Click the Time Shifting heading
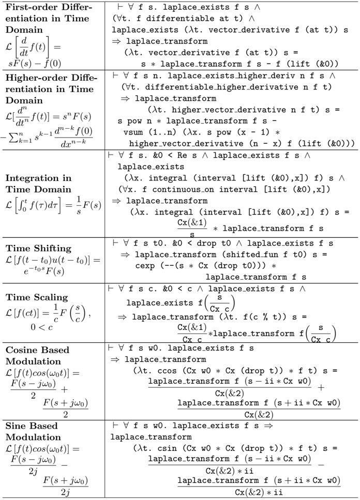point(39,248)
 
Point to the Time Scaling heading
point(37,297)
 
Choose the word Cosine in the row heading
point(23,350)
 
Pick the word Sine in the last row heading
point(17,426)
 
